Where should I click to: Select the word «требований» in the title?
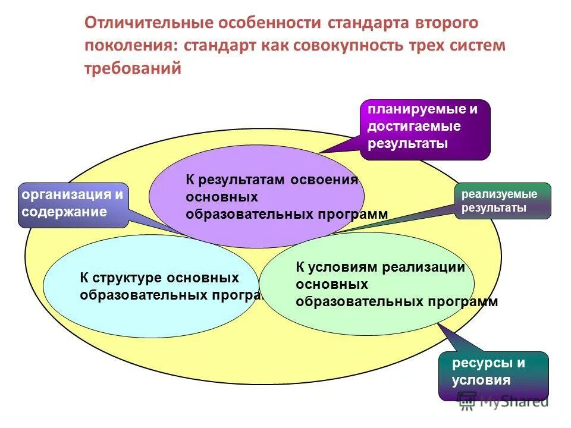click(x=132, y=69)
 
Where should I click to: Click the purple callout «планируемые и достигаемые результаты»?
click(x=425, y=130)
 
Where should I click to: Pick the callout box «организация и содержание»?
click(x=73, y=204)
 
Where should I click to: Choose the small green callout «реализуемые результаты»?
click(x=503, y=201)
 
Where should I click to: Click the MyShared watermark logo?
click(x=506, y=402)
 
